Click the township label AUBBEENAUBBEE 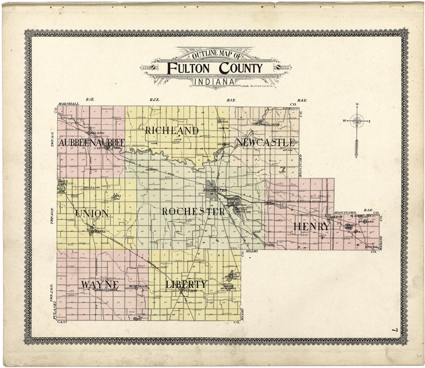point(92,143)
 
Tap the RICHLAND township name point(172,131)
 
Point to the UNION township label point(92,213)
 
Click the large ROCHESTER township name point(193,212)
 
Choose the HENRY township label point(312,227)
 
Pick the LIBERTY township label point(186,285)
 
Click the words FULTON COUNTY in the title point(215,68)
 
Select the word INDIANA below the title point(214,81)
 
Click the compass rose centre point(356,122)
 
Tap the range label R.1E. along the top point(90,100)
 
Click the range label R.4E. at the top point(302,100)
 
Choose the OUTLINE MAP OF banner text point(214,55)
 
